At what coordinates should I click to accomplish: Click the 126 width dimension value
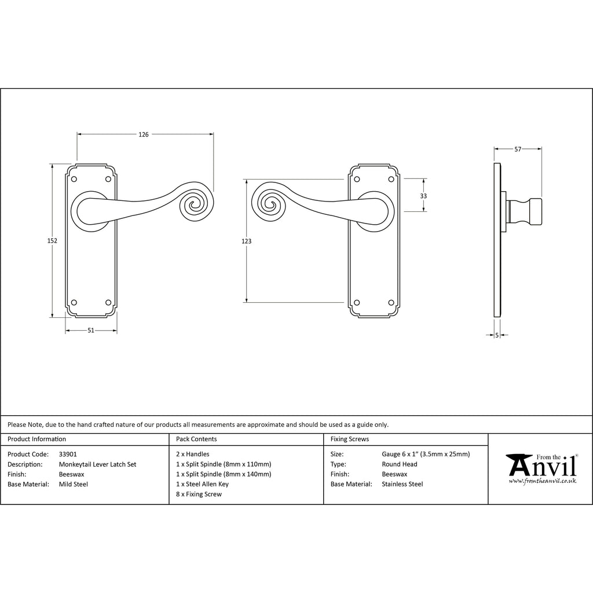point(144,134)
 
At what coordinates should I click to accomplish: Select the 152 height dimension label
point(52,240)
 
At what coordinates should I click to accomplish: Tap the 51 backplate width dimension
point(91,330)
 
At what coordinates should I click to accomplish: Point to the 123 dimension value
point(246,241)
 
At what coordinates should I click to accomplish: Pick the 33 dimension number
point(423,196)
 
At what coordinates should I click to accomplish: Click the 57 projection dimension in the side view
point(518,149)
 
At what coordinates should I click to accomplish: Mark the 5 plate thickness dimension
point(497,335)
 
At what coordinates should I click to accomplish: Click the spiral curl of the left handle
point(196,206)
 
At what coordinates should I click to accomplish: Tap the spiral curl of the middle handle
point(270,206)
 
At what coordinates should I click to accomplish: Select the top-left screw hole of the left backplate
point(74,179)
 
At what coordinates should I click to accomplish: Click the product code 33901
point(68,454)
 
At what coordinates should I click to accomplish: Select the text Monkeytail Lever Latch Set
point(97,464)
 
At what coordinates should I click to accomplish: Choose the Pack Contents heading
point(196,439)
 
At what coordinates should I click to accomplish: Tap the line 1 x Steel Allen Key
point(202,484)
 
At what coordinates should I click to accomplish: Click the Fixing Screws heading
point(350,439)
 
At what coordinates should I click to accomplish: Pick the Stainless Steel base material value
point(402,484)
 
